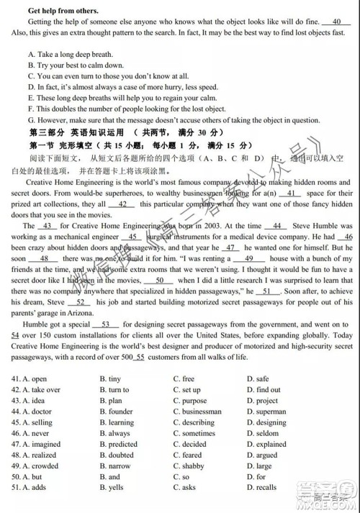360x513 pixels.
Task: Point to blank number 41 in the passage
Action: tap(293, 194)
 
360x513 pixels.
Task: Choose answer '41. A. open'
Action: tap(30, 378)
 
